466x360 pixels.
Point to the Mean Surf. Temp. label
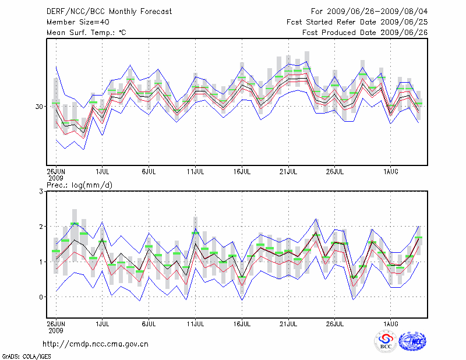pyautogui.click(x=86, y=33)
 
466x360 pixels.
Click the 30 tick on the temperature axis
pyautogui.click(x=39, y=107)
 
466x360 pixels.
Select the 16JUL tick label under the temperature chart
pyautogui.click(x=242, y=172)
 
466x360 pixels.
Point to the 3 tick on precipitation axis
pyautogui.click(x=41, y=191)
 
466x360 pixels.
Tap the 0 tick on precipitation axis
pyautogui.click(x=41, y=297)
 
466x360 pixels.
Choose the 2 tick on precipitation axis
pyautogui.click(x=41, y=227)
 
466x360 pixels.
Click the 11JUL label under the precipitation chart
pyautogui.click(x=195, y=323)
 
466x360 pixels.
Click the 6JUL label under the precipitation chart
pyautogui.click(x=149, y=323)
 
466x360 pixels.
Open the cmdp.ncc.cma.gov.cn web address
pyautogui.click(x=96, y=344)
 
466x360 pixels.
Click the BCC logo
pyautogui.click(x=386, y=342)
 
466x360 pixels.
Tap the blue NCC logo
pyautogui.click(x=412, y=342)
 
